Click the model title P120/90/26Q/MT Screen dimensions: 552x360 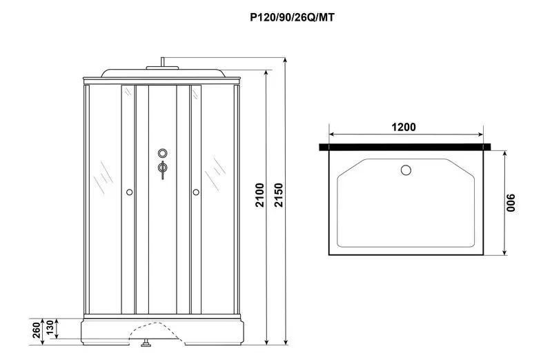click(x=292, y=17)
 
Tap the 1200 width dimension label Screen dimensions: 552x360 click(x=404, y=127)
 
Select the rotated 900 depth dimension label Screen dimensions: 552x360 click(x=511, y=203)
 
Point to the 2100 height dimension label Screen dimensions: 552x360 click(x=259, y=195)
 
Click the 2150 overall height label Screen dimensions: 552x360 click(x=278, y=195)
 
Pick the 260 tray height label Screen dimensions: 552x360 click(x=37, y=330)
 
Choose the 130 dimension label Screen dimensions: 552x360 click(x=50, y=328)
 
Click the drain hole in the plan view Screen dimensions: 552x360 click(x=406, y=170)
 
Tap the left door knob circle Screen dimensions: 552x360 click(x=129, y=192)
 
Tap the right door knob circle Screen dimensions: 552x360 click(x=196, y=192)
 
